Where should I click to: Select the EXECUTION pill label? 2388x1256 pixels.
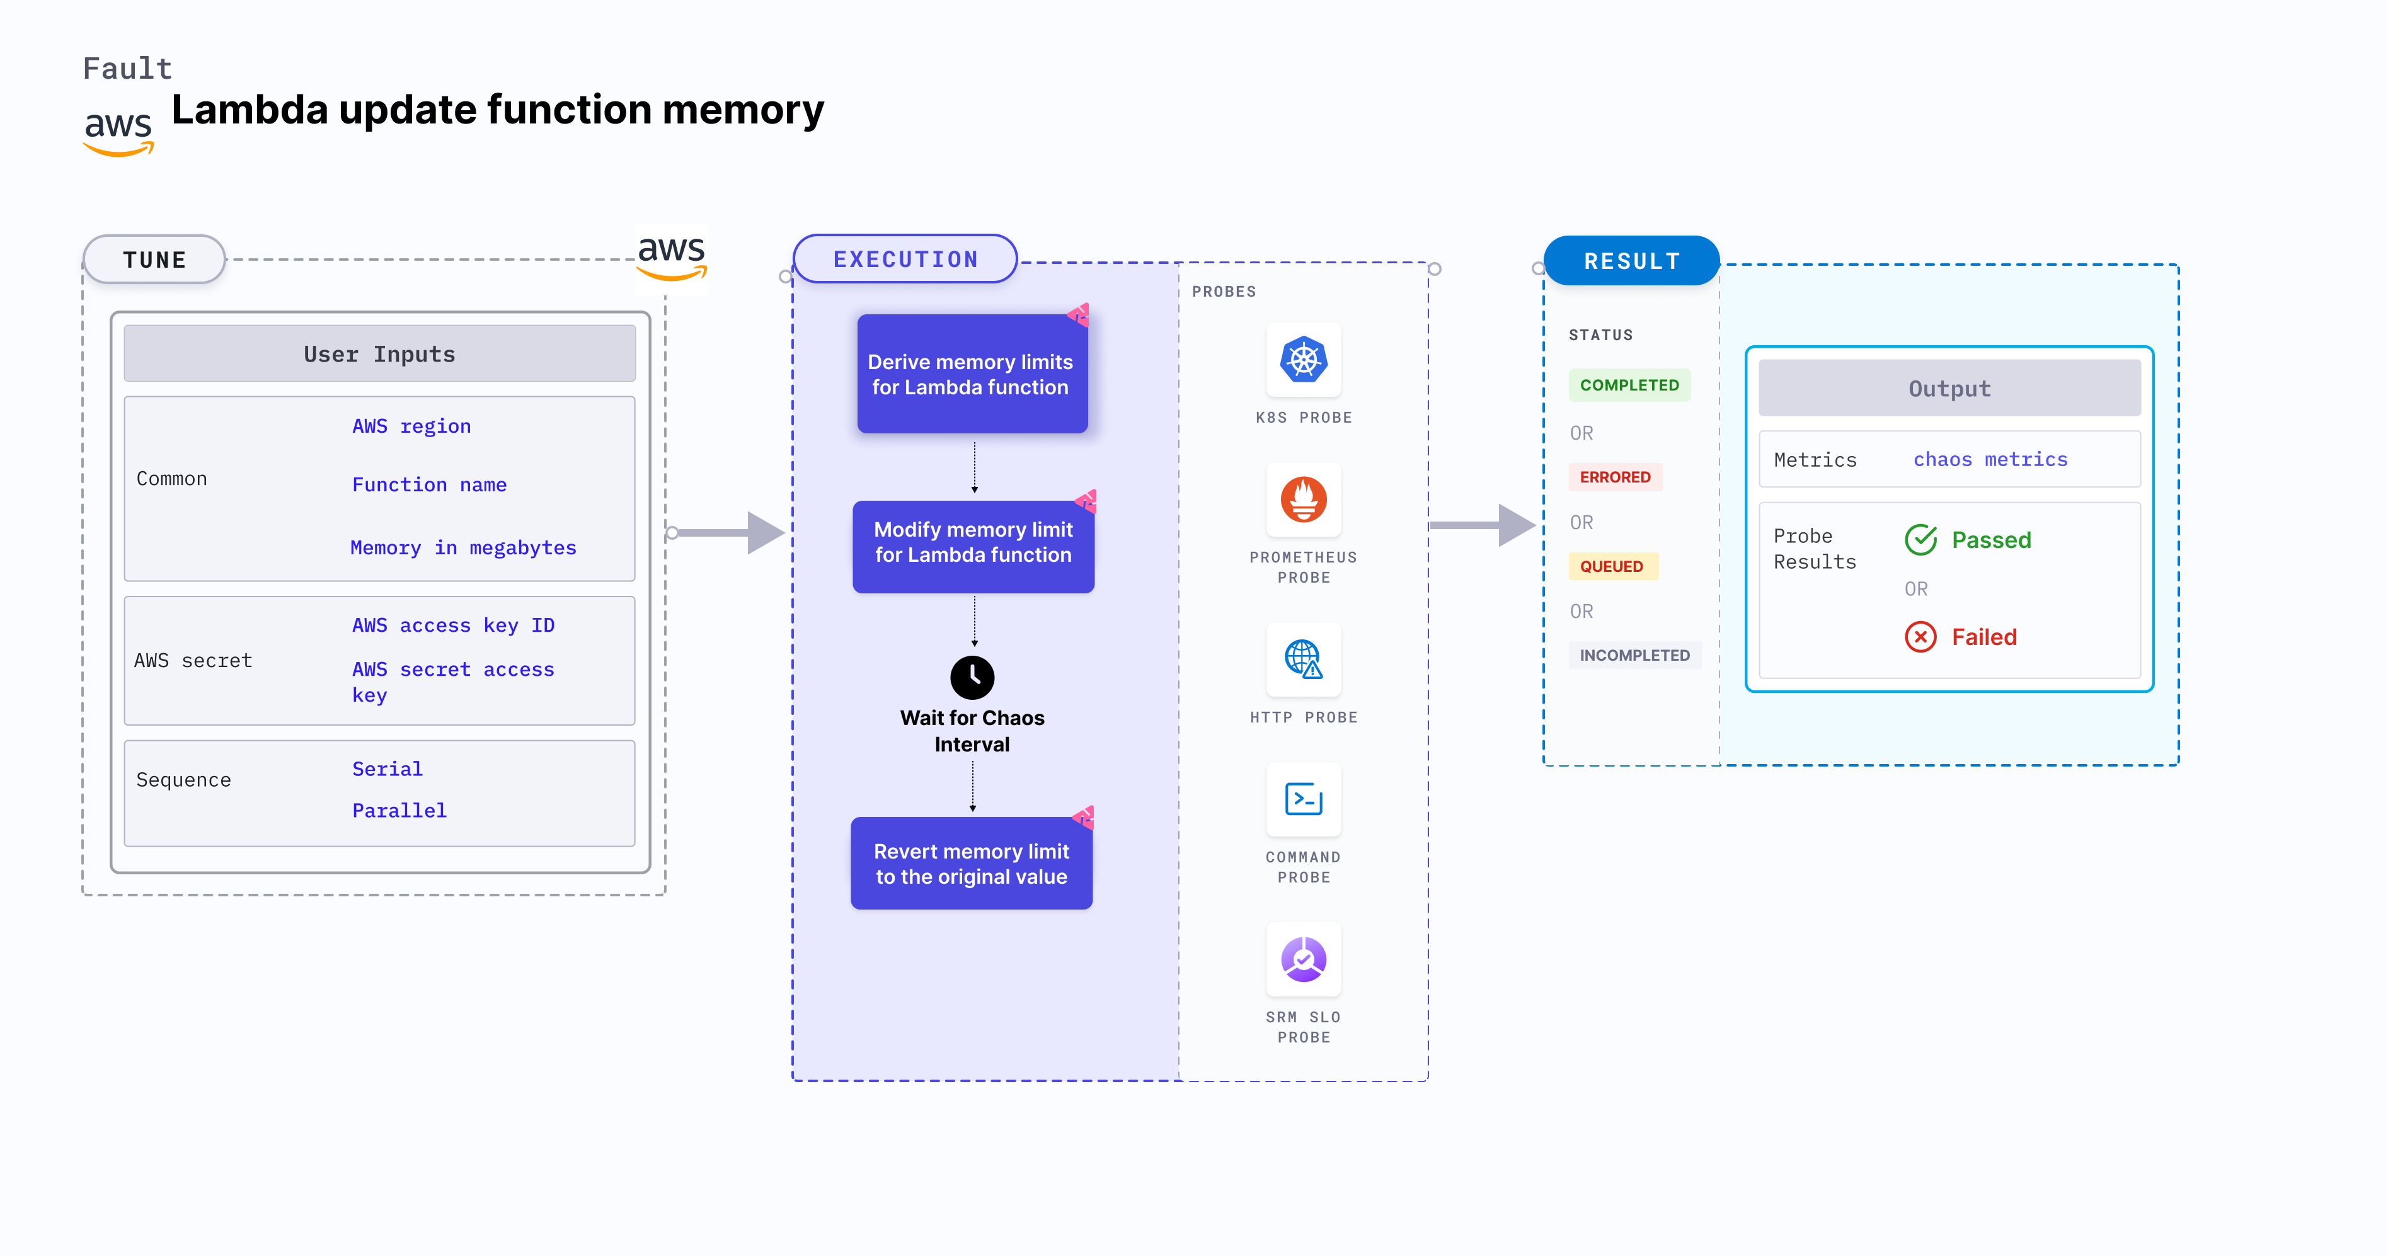[x=905, y=260]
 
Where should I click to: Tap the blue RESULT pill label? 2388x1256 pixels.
[x=1631, y=261]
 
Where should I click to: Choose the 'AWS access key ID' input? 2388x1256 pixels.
[x=452, y=625]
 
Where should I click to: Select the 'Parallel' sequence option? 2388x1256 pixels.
[x=399, y=810]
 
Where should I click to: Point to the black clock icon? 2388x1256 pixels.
[x=972, y=678]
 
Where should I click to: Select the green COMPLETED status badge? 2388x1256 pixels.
[x=1629, y=385]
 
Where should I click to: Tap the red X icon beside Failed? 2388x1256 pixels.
[x=1920, y=637]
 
